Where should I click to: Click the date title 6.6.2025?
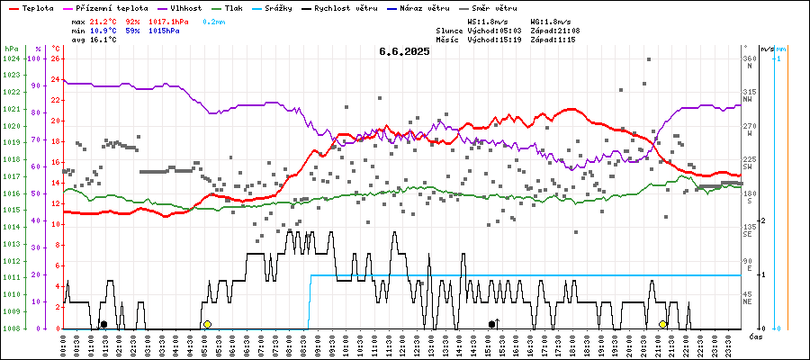404,51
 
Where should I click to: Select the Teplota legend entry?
32,7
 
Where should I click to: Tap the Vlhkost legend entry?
184,7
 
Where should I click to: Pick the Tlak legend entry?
233,7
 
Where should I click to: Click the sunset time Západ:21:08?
555,30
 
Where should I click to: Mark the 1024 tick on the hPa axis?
11,58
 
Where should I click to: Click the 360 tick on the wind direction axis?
749,58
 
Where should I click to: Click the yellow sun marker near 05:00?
207,324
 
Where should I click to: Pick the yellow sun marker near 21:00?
663,324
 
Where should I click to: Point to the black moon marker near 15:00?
491,324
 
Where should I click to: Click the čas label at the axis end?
756,337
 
